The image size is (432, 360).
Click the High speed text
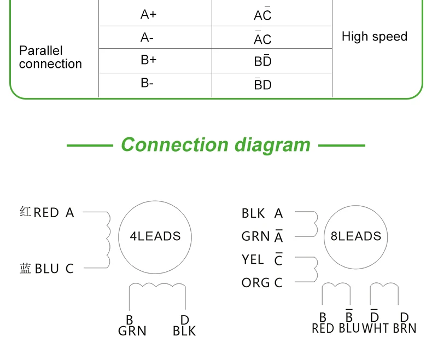pos(375,37)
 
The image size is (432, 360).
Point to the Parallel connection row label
pos(50,57)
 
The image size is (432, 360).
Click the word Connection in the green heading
pos(174,144)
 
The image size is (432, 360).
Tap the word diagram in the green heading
pos(272,146)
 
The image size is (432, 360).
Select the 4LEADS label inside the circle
pos(155,236)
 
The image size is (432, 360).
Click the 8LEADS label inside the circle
pos(355,236)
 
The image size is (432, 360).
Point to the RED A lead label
pos(54,212)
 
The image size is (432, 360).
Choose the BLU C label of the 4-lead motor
pos(54,269)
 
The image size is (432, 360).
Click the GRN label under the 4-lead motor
pos(132,331)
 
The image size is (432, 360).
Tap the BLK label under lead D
pos(184,331)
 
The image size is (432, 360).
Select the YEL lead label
pos(253,259)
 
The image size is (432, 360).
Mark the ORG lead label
pos(256,282)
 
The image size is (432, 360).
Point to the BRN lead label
pos(405,328)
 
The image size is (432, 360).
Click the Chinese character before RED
pos(25,212)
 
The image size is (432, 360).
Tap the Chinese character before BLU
pos(25,269)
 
